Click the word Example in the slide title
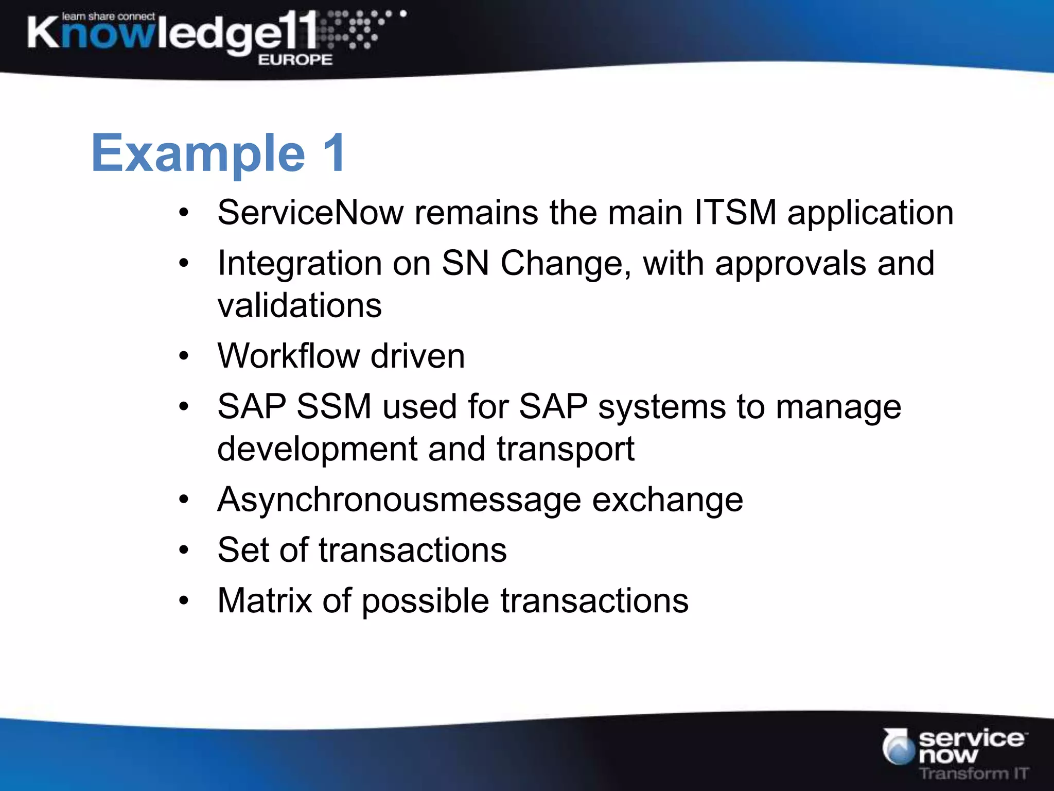(x=198, y=153)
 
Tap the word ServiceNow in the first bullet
(x=310, y=212)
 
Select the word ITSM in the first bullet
(x=735, y=212)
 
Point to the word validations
(x=300, y=305)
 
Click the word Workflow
(x=288, y=356)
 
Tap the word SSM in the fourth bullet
(x=333, y=406)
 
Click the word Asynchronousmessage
(x=399, y=500)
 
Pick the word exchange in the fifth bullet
(x=667, y=500)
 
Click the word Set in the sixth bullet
(x=243, y=549)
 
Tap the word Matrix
(x=265, y=600)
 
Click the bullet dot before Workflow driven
(x=184, y=356)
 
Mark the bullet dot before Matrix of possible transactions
(x=184, y=600)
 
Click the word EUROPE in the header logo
(x=295, y=60)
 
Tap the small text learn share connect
(x=108, y=16)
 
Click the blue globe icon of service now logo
(x=898, y=747)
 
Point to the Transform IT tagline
(x=973, y=773)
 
